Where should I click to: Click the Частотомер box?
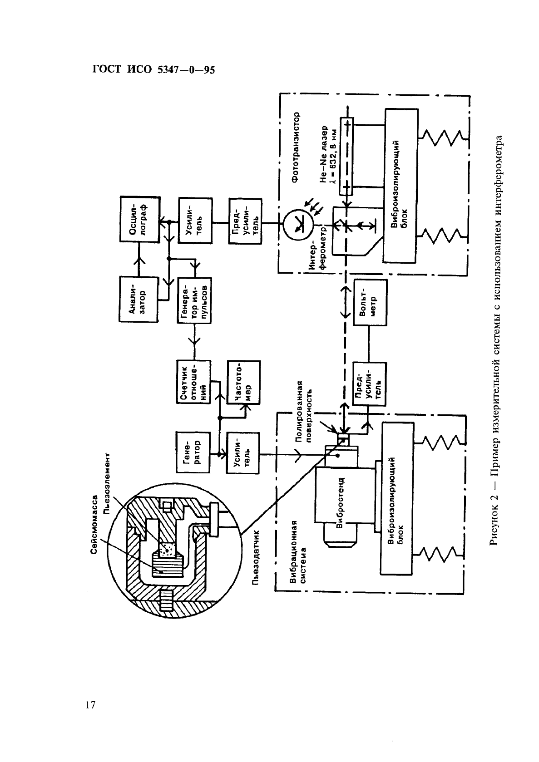(x=244, y=382)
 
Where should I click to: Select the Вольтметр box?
(x=371, y=303)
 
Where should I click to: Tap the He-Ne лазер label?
(x=326, y=153)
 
